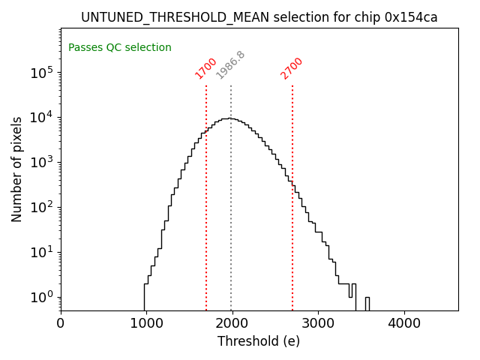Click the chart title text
tap(259, 17)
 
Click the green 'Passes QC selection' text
tap(120, 48)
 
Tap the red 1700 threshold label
tap(205, 67)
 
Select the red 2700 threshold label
tap(291, 67)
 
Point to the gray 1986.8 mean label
tap(230, 65)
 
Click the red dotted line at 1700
tap(206, 195)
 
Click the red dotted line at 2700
tap(292, 225)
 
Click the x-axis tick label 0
tap(61, 324)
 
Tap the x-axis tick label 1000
tap(146, 324)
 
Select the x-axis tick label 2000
tap(232, 324)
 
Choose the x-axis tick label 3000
tap(318, 324)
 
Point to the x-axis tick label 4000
tap(404, 324)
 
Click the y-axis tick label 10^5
tap(41, 73)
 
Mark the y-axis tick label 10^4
tap(41, 118)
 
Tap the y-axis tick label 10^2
tap(41, 208)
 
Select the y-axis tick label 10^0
tap(41, 297)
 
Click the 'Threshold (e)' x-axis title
tap(259, 342)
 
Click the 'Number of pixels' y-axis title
tap(17, 169)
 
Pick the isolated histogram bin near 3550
tap(367, 303)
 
